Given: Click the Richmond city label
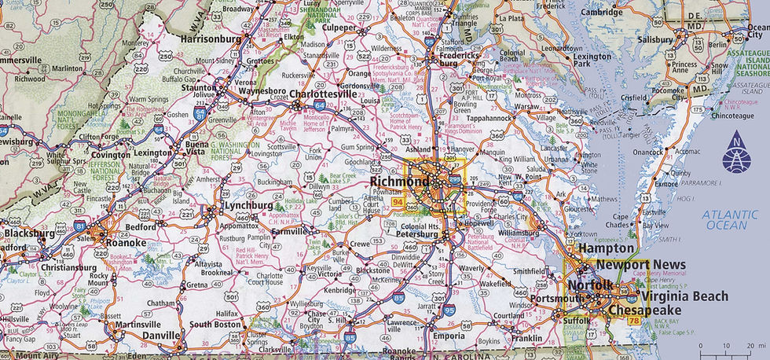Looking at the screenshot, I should click(x=399, y=182).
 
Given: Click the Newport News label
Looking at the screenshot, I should click(x=640, y=266).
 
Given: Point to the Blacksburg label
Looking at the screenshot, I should click(x=30, y=233).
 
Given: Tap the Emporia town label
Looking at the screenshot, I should click(x=449, y=336).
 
